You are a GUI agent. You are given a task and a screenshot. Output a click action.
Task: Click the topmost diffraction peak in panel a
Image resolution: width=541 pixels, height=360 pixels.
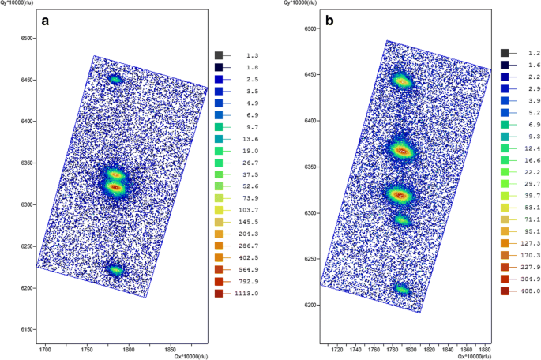coord(115,79)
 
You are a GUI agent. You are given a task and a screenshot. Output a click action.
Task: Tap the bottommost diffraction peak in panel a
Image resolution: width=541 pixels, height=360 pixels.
coord(116,271)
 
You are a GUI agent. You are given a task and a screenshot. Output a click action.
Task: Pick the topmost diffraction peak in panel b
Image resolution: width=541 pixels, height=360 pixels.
coord(402,81)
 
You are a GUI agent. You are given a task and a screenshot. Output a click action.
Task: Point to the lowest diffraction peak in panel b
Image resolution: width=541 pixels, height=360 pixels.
coord(403,290)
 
